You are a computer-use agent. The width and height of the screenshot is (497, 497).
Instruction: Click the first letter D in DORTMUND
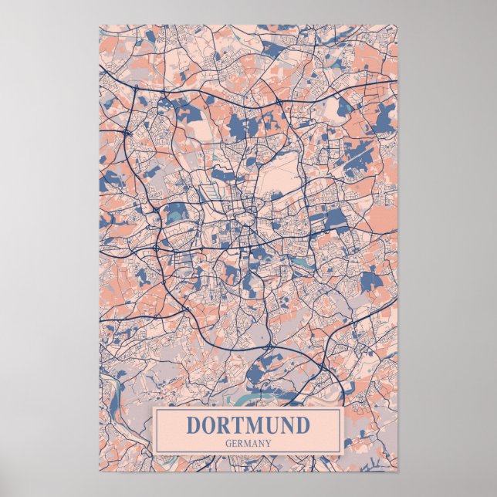pos(193,425)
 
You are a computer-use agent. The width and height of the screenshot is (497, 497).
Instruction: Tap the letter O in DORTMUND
pos(210,425)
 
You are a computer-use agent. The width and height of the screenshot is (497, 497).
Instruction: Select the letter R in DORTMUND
pos(226,425)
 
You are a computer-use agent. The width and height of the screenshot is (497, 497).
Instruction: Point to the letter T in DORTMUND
pos(241,425)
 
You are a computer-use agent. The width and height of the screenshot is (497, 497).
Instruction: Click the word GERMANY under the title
pos(248,443)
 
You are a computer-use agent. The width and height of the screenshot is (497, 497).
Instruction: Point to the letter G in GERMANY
pos(228,443)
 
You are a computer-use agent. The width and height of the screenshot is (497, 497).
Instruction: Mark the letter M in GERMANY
pos(248,443)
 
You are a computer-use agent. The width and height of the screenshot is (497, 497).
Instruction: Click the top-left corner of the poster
pos(100,25)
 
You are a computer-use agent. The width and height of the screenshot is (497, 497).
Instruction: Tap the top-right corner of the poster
pos(398,25)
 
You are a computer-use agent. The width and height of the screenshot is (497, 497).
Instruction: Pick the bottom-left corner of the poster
pos(100,471)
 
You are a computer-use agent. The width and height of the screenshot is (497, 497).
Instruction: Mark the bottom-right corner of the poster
pos(398,471)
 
